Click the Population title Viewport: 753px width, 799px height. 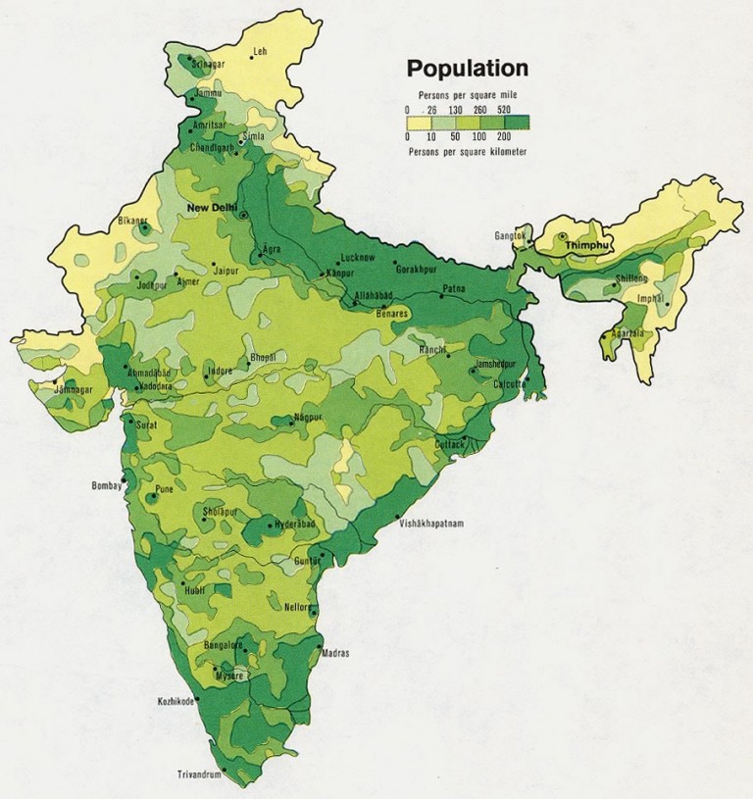tap(468, 69)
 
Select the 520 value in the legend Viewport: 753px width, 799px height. tap(505, 111)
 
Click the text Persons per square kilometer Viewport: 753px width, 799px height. tap(467, 152)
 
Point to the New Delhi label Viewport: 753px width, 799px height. tap(214, 208)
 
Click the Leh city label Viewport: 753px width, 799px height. tap(261, 51)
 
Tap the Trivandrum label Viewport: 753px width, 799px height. tap(200, 774)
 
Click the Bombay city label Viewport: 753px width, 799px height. tap(106, 485)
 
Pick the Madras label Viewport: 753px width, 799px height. tap(334, 653)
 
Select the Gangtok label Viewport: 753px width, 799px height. tap(512, 236)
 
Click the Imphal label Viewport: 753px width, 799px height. tap(650, 298)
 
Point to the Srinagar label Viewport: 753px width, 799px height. tap(208, 64)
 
